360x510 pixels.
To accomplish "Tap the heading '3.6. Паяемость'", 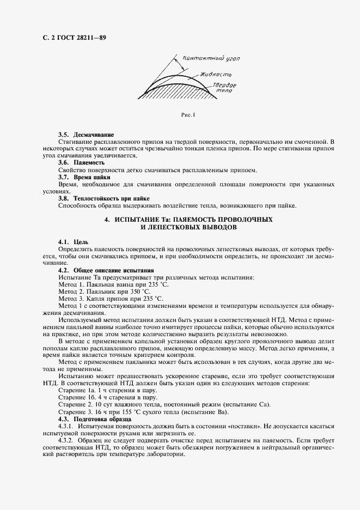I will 81,162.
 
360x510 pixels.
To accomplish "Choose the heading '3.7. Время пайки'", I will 84,177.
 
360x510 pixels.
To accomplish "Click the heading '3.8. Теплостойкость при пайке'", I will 103,198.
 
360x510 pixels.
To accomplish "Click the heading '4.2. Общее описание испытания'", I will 106,270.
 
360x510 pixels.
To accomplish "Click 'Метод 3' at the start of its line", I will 70,299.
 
